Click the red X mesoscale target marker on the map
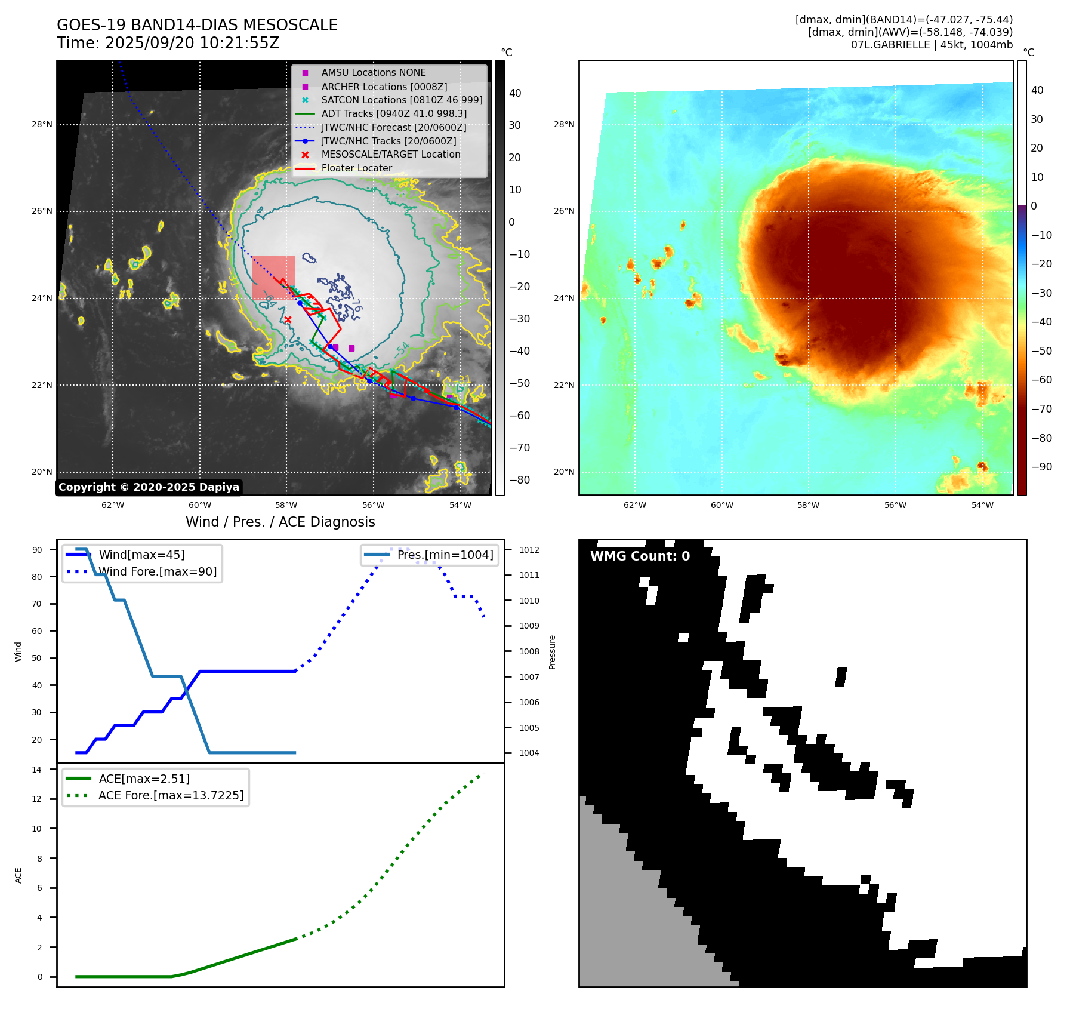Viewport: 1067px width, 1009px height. coord(288,320)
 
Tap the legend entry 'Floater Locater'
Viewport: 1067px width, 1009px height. coord(356,168)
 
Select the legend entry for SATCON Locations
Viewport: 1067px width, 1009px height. coord(402,100)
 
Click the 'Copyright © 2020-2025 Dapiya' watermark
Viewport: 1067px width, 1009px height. coord(149,487)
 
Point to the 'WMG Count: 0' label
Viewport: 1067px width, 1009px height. coord(640,556)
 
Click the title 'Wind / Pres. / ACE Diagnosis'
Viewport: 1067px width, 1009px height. coord(280,522)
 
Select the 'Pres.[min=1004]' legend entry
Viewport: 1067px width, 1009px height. coord(445,555)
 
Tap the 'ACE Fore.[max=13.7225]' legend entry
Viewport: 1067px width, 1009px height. coord(171,796)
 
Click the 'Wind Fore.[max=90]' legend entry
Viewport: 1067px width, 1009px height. coord(158,572)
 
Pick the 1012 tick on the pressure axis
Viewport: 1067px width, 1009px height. coord(529,550)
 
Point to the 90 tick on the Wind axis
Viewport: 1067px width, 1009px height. coord(38,550)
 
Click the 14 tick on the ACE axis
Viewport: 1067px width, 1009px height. coord(38,770)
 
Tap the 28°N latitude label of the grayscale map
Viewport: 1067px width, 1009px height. coord(42,125)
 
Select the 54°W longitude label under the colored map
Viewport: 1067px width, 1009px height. coord(982,506)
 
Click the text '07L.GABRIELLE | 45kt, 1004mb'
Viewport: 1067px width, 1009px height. coord(932,45)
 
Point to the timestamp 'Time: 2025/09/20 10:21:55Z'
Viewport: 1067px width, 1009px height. coord(168,43)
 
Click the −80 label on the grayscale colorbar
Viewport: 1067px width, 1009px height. coord(519,480)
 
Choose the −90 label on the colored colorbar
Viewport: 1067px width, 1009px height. coord(1041,467)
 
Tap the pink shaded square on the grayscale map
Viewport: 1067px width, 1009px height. coord(273,277)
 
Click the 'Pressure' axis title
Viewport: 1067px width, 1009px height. coord(552,652)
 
